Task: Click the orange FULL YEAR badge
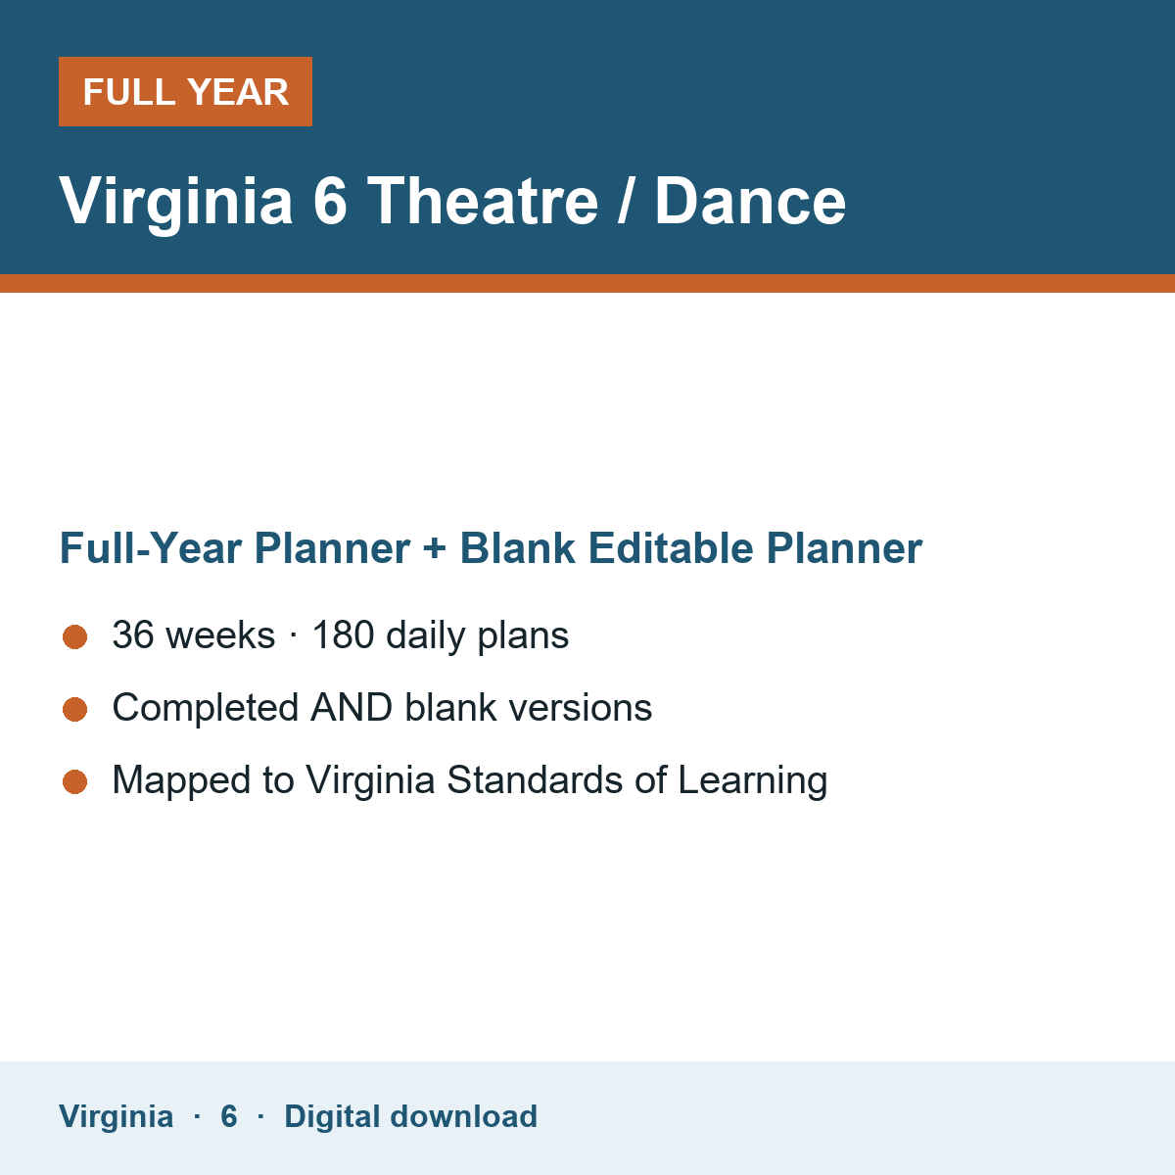pos(185,91)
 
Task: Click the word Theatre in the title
pos(483,201)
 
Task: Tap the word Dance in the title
pos(750,201)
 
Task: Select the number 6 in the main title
pos(330,201)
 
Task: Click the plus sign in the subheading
pos(435,548)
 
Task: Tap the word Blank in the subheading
pos(517,547)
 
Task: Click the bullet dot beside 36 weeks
pos(75,637)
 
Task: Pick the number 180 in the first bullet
pos(344,634)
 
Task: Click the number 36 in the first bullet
pos(133,634)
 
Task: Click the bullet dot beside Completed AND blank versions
pos(75,709)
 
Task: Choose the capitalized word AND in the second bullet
pos(352,707)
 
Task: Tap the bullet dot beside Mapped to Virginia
pos(75,781)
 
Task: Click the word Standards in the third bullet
pos(535,779)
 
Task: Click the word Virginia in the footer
pos(116,1117)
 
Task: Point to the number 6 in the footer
pos(229,1116)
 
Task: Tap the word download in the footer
pos(463,1116)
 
